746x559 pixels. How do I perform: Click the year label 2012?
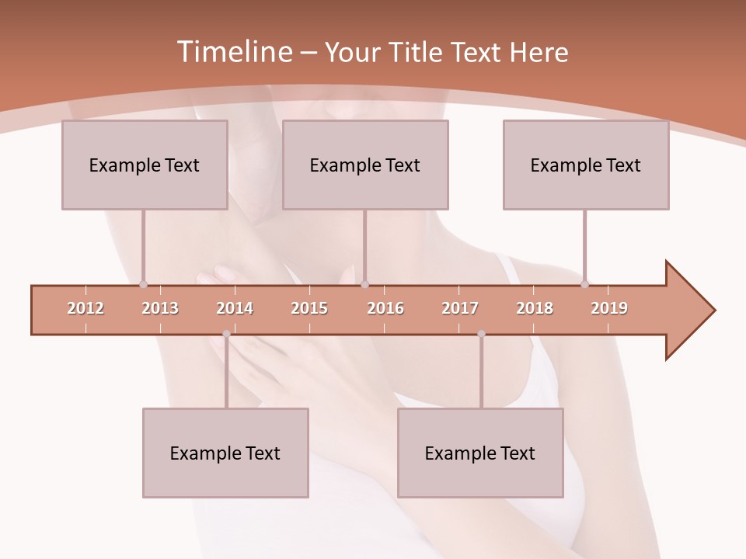(85, 309)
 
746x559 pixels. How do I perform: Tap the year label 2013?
(160, 309)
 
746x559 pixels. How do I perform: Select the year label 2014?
(235, 309)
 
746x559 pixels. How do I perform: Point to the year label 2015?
(309, 309)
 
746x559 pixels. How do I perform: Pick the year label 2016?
(385, 309)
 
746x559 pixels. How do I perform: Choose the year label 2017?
(460, 309)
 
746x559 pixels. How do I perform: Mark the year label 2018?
(535, 309)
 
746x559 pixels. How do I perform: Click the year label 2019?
(609, 309)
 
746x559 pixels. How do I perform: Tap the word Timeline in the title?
(232, 52)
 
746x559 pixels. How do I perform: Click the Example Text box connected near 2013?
(145, 165)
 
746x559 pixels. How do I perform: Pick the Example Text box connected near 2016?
(365, 165)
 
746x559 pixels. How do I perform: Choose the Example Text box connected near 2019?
(586, 165)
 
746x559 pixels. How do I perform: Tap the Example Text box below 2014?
(225, 453)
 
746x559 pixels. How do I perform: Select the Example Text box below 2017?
(480, 453)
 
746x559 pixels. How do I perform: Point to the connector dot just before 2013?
(143, 285)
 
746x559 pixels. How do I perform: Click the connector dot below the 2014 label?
(226, 334)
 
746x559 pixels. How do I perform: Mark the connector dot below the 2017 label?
(481, 334)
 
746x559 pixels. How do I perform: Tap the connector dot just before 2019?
(584, 285)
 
